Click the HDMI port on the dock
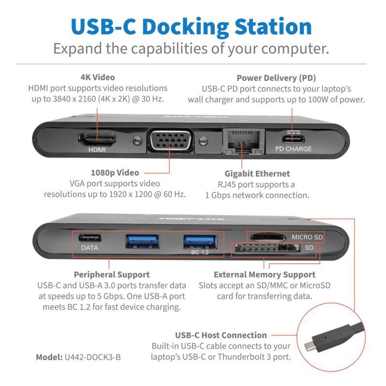pos(97,139)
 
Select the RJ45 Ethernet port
pos(240,140)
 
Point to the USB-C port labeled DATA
pos(90,238)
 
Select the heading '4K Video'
pos(97,77)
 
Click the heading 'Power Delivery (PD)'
pos(276,78)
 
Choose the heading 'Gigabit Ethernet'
pos(257,174)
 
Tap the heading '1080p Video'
pos(115,172)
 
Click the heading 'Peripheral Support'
pos(111,275)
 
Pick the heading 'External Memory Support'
pos(264,275)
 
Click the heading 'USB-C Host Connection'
pos(221,335)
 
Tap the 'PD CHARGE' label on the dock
pos(293,149)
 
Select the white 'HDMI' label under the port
pos(96,150)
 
